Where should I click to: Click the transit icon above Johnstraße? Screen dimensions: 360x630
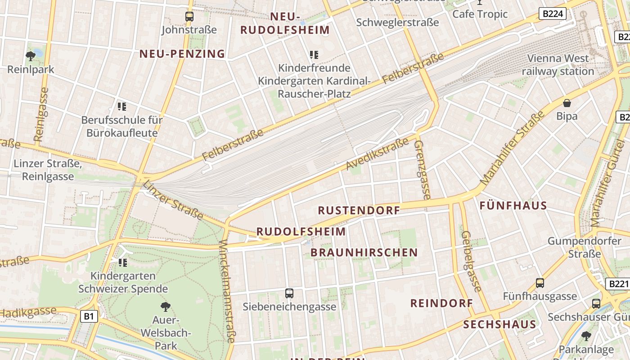pyautogui.click(x=189, y=17)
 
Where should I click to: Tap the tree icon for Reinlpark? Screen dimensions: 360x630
pyautogui.click(x=31, y=56)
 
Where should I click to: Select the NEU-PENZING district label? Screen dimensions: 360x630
pyautogui.click(x=182, y=54)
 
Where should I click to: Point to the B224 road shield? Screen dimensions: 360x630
pyautogui.click(x=552, y=13)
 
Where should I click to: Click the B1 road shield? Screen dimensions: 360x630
pyautogui.click(x=89, y=316)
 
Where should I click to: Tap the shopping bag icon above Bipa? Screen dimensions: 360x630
pyautogui.click(x=567, y=103)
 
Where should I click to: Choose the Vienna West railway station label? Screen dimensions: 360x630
pyautogui.click(x=558, y=65)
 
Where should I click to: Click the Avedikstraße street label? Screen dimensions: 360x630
pyautogui.click(x=377, y=153)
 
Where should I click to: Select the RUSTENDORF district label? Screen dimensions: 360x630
pyautogui.click(x=359, y=210)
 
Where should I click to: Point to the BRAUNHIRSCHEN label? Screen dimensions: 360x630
pyautogui.click(x=364, y=252)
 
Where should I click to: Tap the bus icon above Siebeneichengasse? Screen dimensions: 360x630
pyautogui.click(x=289, y=293)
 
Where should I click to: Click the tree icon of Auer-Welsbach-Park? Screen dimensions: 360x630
pyautogui.click(x=166, y=307)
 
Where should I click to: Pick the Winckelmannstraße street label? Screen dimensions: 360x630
pyautogui.click(x=227, y=291)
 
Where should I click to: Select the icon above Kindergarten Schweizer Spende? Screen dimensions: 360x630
pyautogui.click(x=122, y=262)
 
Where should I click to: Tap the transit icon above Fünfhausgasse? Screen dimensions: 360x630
pyautogui.click(x=540, y=283)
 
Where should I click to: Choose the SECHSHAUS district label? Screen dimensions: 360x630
pyautogui.click(x=499, y=324)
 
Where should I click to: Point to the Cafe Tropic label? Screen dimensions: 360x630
pyautogui.click(x=480, y=14)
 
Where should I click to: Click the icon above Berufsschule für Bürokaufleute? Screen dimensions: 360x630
pyautogui.click(x=122, y=107)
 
